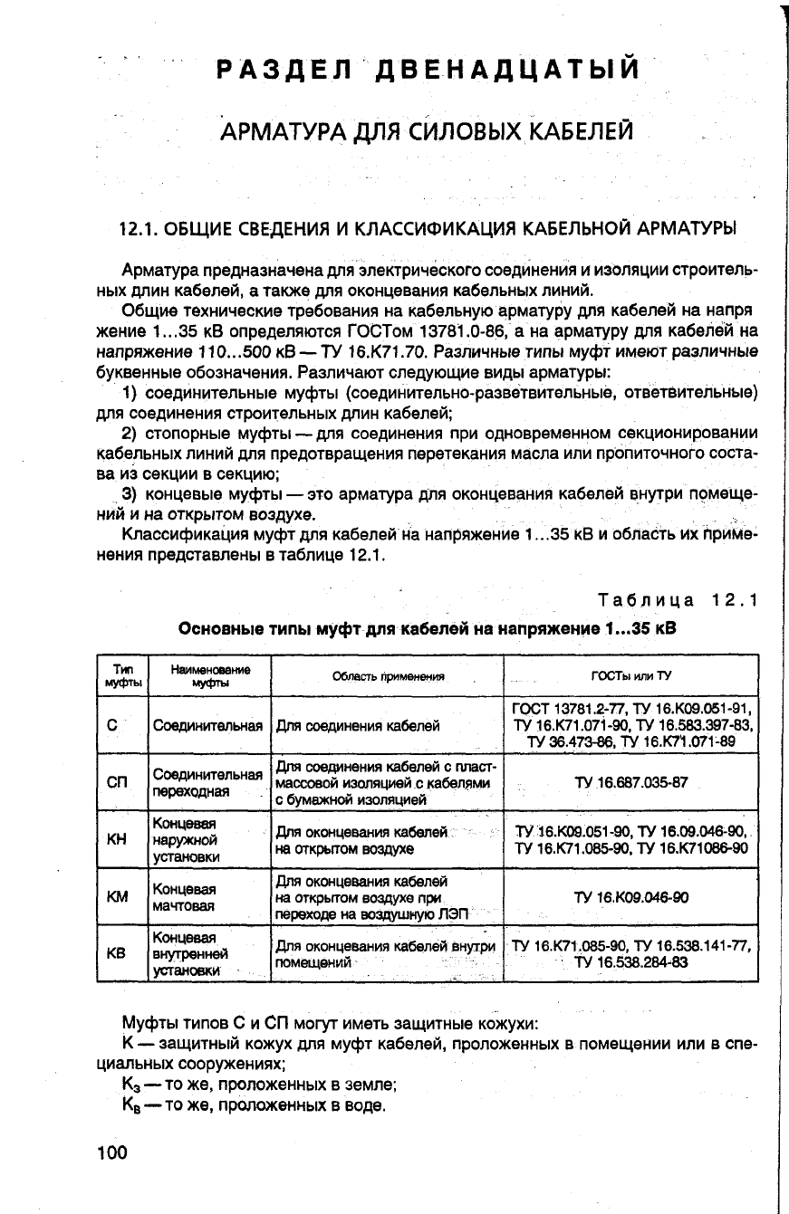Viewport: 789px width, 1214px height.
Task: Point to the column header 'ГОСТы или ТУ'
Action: pos(630,675)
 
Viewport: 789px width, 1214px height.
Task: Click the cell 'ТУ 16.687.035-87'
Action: pos(630,781)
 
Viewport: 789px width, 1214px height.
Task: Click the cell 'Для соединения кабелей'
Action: pos(358,725)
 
